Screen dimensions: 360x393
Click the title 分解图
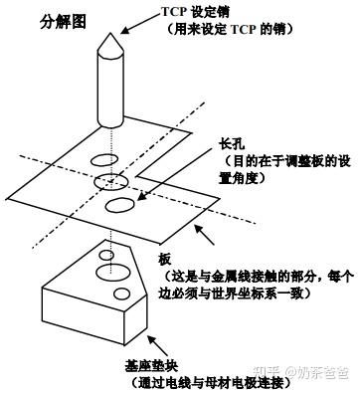(x=63, y=22)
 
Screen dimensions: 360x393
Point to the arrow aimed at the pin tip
(x=140, y=24)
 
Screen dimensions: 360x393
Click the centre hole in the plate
(x=111, y=182)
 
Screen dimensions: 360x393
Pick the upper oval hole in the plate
(x=104, y=160)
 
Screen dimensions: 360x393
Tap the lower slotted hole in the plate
(x=120, y=205)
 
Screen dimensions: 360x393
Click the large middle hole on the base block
(x=112, y=273)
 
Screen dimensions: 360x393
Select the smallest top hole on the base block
(x=106, y=256)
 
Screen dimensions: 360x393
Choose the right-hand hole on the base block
(x=121, y=294)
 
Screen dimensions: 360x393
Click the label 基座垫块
(x=151, y=366)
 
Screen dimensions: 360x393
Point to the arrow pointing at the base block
(x=157, y=347)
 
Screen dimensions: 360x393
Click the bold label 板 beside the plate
(x=165, y=260)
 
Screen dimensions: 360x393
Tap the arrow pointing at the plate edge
(x=204, y=235)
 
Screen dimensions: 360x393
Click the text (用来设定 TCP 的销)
(x=231, y=29)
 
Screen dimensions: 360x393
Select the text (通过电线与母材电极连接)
(x=211, y=383)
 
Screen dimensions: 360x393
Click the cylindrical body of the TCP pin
(x=110, y=90)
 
